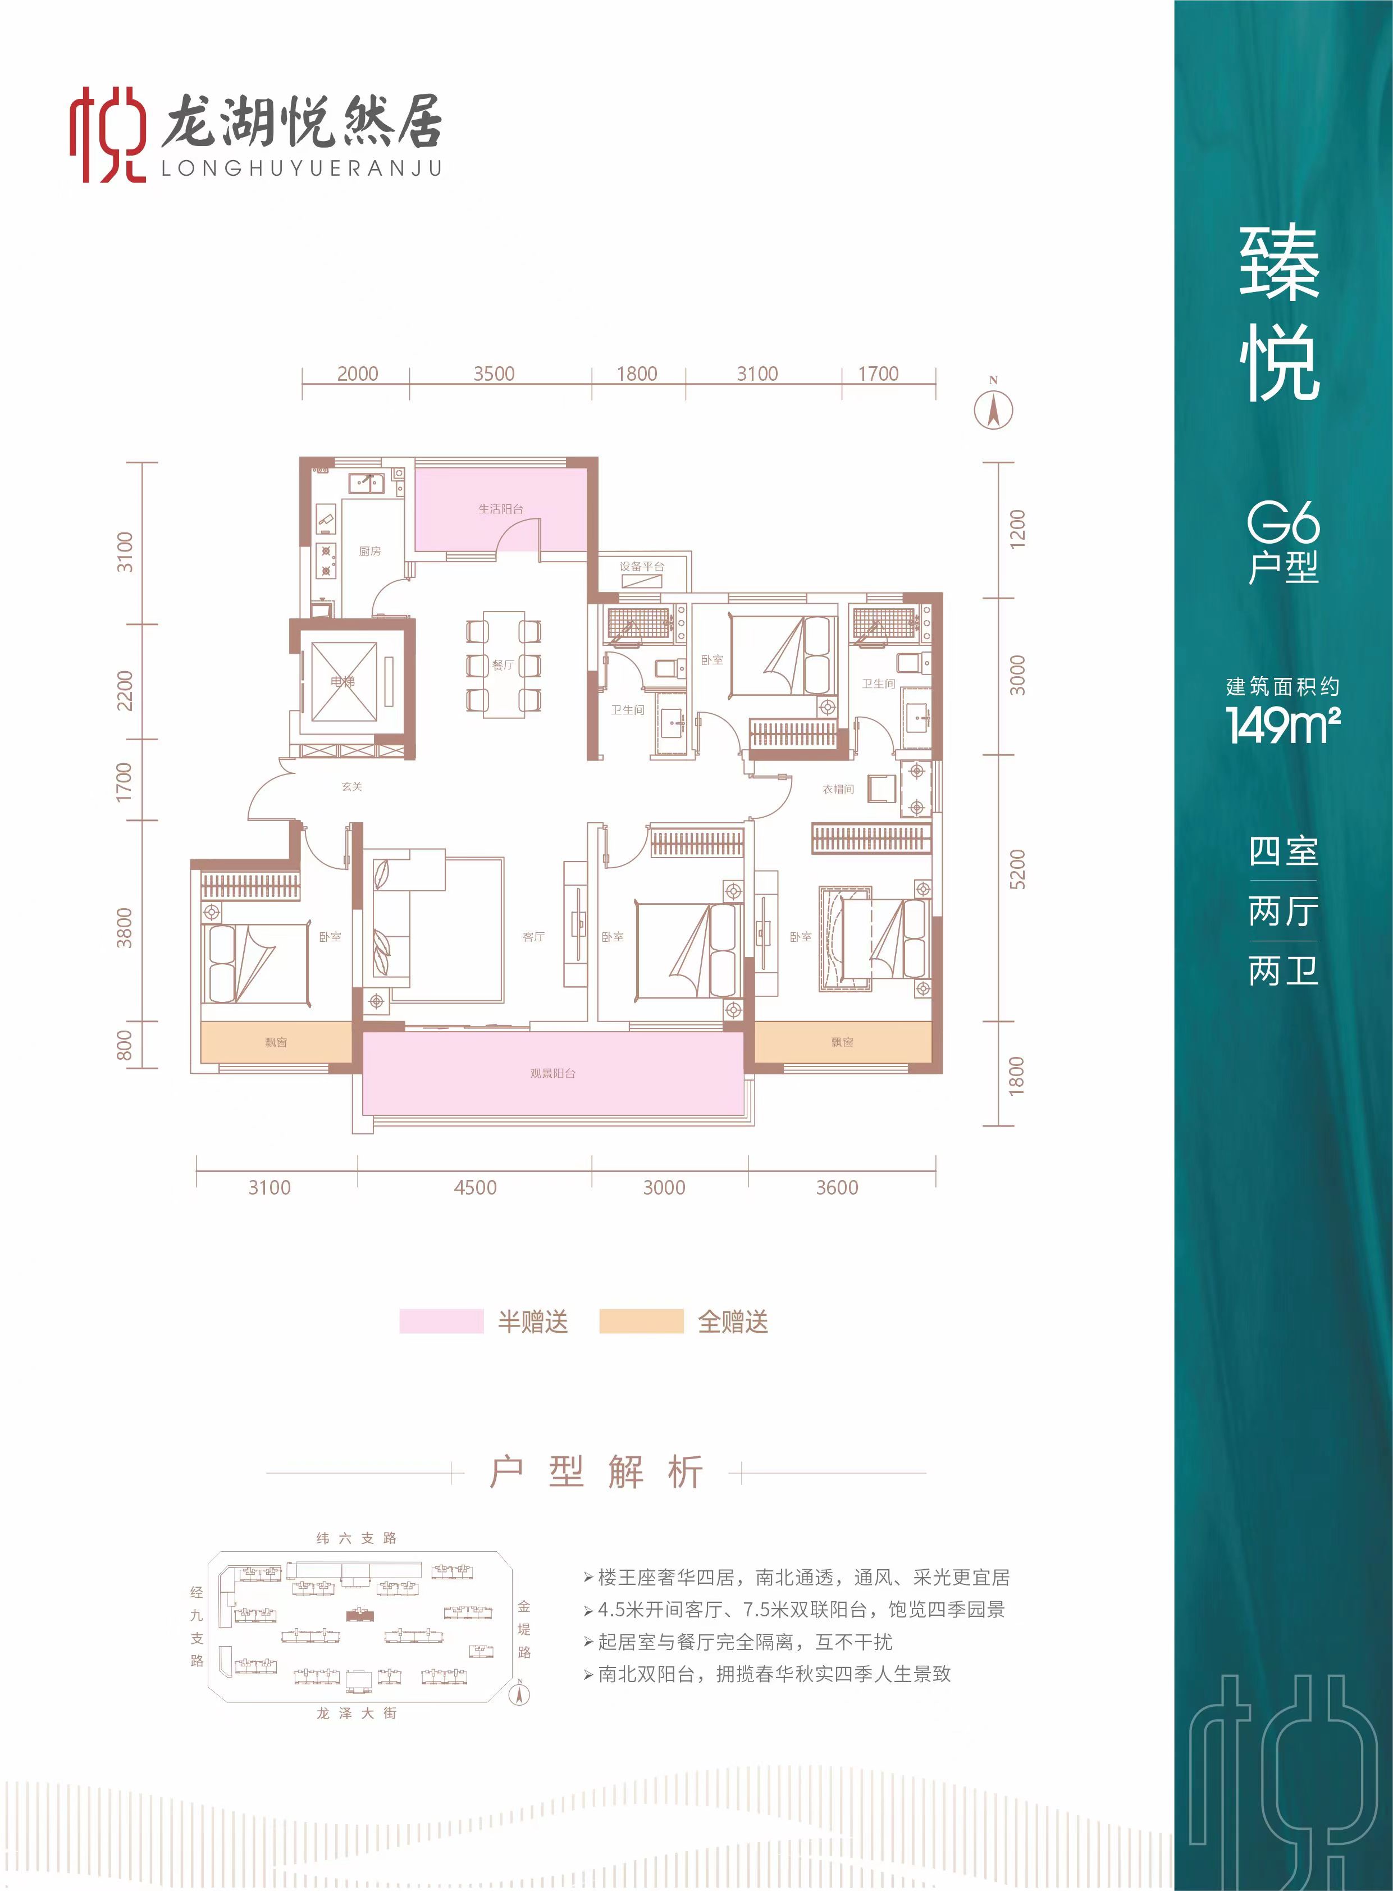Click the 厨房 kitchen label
(x=369, y=551)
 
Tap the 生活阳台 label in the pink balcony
(x=501, y=509)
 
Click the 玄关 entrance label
(x=351, y=786)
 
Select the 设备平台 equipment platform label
(x=642, y=566)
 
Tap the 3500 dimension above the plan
(x=494, y=373)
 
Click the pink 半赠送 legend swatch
(x=441, y=1322)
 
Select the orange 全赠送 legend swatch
(x=641, y=1322)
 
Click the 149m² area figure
(x=1282, y=724)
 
